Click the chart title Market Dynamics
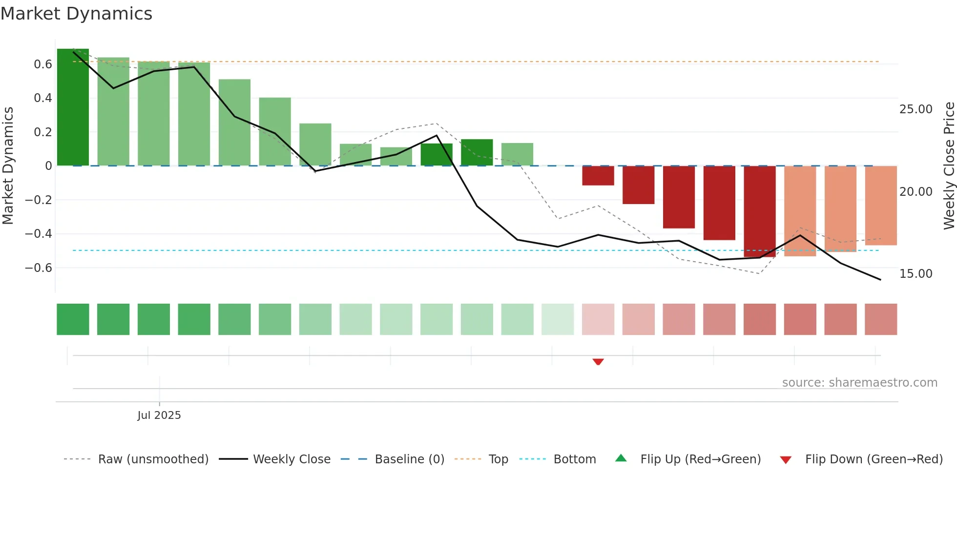[x=76, y=14]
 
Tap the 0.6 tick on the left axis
[x=43, y=64]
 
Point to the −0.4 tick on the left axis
[x=39, y=234]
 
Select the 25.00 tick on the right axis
[x=915, y=109]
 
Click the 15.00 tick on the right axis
[x=915, y=274]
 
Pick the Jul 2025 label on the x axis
[x=159, y=415]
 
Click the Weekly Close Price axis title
[x=949, y=166]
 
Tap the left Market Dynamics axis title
[x=8, y=166]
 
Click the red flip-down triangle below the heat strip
[x=598, y=362]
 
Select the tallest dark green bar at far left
[x=73, y=107]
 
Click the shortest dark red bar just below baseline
[x=598, y=176]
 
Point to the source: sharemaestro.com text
[x=859, y=383]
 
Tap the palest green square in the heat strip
[x=558, y=319]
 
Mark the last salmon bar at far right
[x=881, y=205]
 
